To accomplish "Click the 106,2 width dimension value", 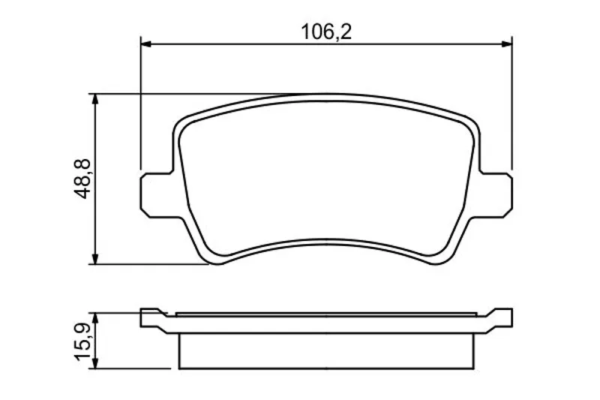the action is (326, 32).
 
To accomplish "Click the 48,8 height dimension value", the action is (82, 179).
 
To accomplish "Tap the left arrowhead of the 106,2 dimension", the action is (146, 44).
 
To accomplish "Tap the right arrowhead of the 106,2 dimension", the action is (506, 44).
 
